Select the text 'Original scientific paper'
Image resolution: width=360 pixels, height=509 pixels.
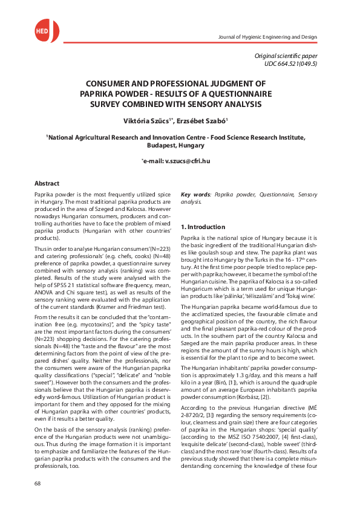[x=286, y=56]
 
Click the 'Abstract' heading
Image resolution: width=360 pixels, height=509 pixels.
[x=47, y=183]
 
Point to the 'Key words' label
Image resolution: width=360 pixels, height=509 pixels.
[x=195, y=195]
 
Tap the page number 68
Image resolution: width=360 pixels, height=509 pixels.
[x=38, y=483]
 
